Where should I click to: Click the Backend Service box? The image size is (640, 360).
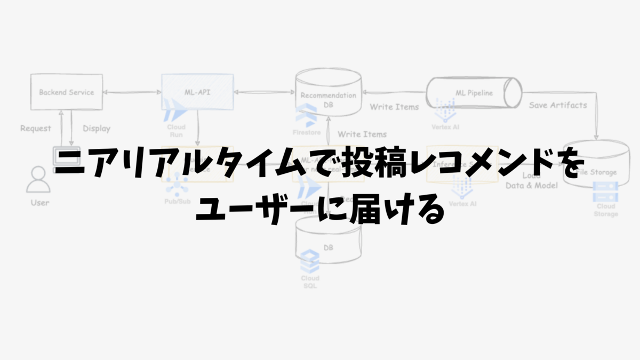click(x=66, y=92)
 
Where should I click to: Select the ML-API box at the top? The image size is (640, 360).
click(x=197, y=92)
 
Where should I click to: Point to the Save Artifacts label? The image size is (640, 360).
click(x=558, y=105)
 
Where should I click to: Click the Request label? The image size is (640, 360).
click(x=36, y=128)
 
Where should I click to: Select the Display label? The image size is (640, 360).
click(x=97, y=128)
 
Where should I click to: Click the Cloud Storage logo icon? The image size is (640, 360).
click(x=605, y=191)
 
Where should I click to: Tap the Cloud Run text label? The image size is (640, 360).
click(x=176, y=131)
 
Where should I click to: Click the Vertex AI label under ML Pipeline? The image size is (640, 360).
click(x=446, y=127)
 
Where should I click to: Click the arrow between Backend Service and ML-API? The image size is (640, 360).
click(x=132, y=92)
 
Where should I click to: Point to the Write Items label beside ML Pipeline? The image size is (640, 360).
click(x=394, y=107)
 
